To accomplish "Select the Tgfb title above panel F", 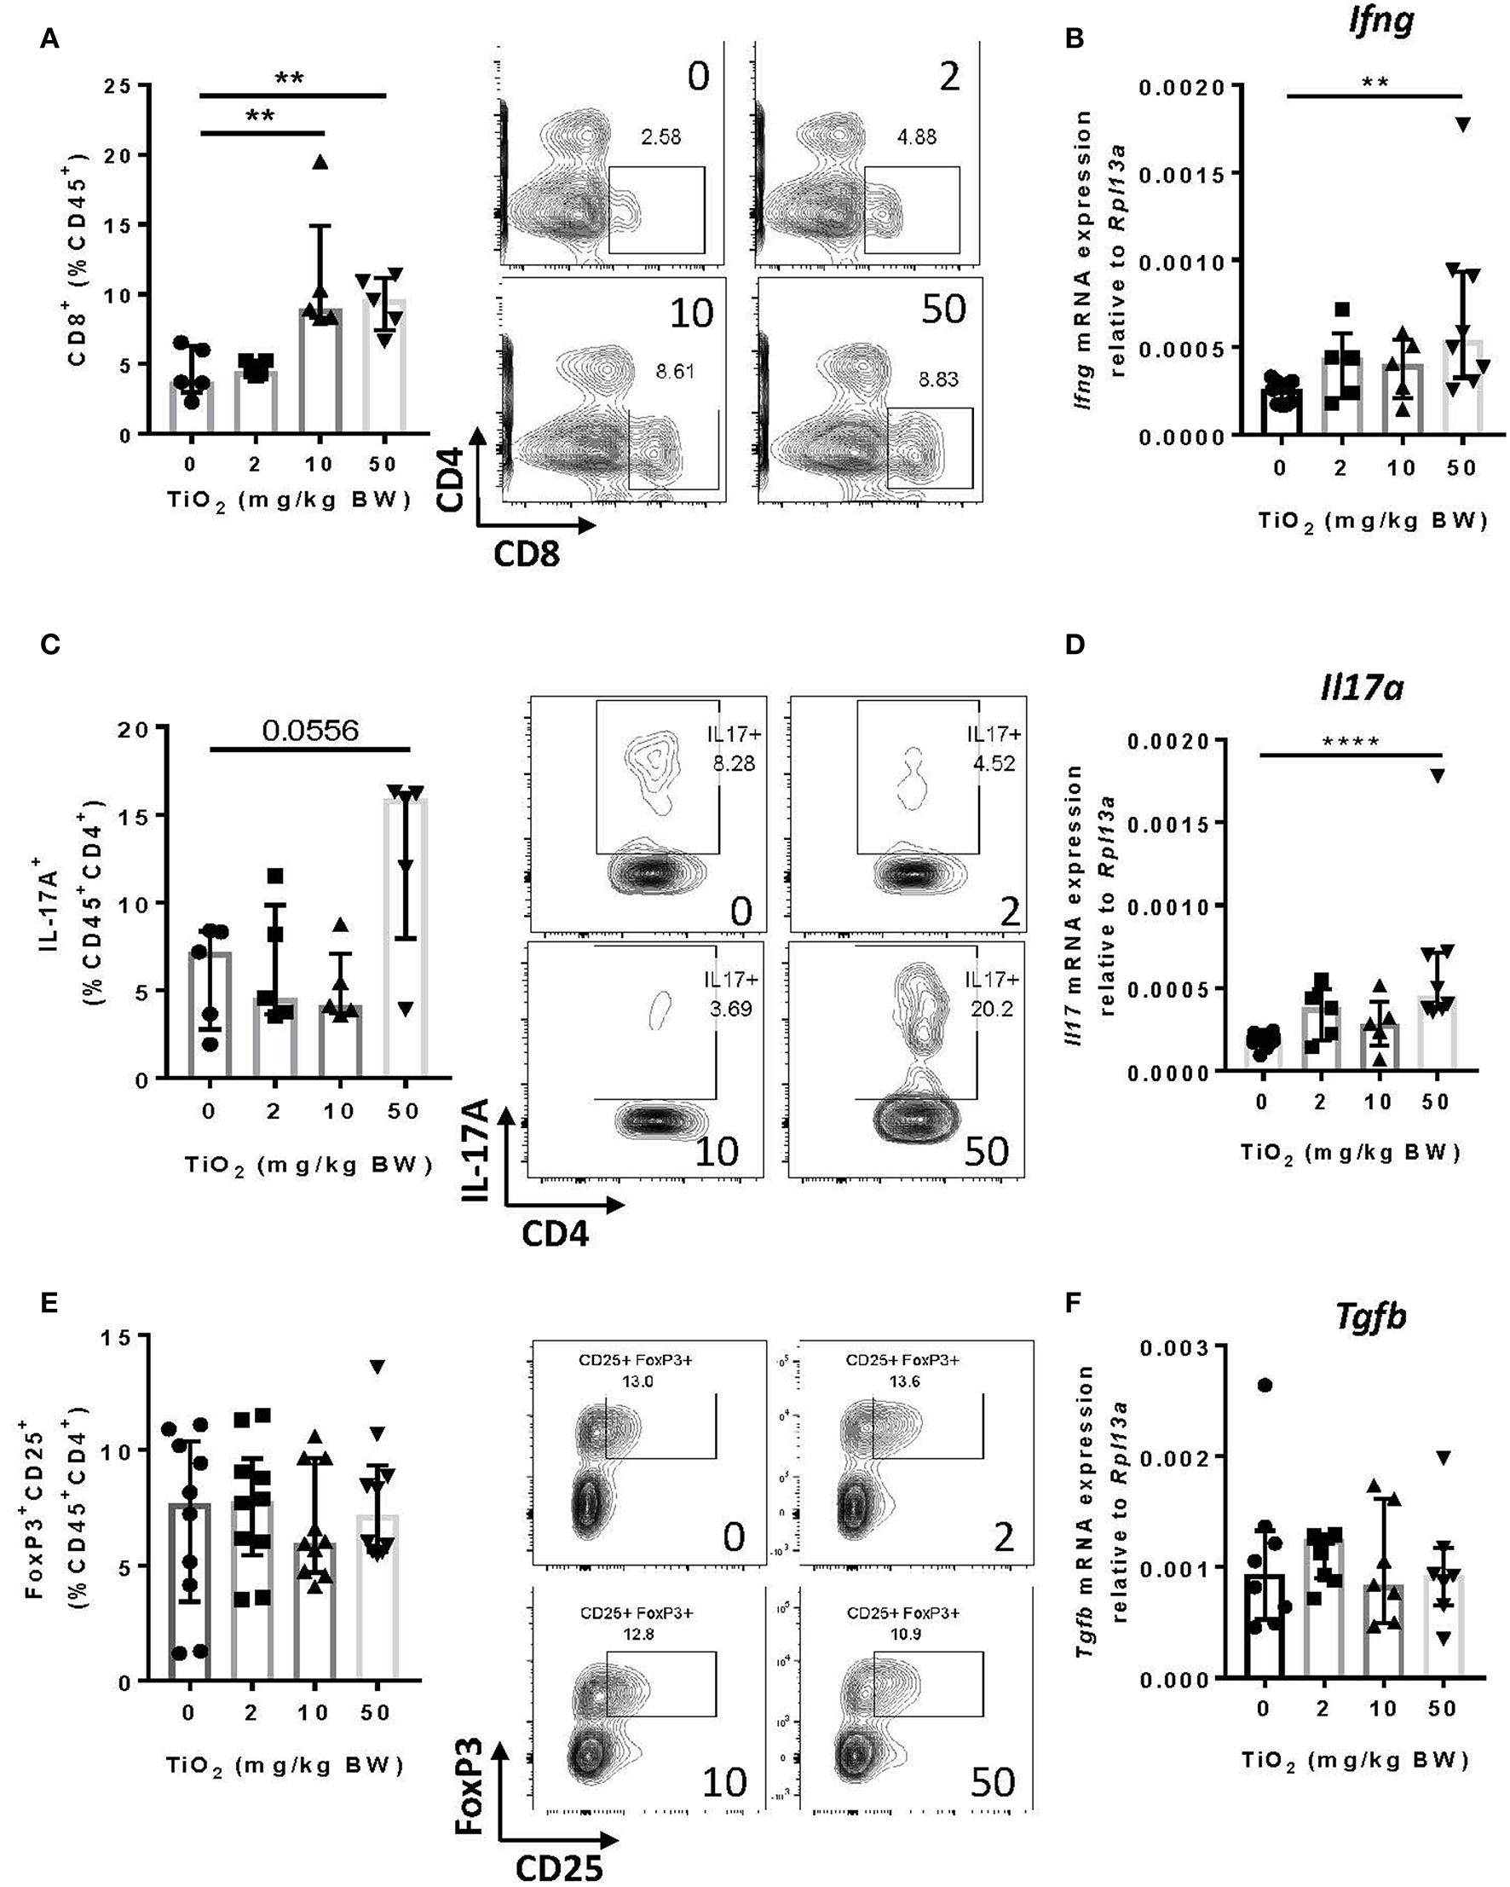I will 1371,1316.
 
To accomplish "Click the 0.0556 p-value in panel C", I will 310,731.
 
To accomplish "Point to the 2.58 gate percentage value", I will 660,137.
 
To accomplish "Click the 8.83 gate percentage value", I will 938,379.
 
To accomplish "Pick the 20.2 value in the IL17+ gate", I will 993,1009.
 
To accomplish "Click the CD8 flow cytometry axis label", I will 526,554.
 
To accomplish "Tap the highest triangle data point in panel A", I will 321,161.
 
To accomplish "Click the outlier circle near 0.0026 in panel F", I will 1265,1385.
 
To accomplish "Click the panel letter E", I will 50,1303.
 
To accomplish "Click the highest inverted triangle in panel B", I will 1462,124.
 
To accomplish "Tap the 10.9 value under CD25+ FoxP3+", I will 904,1634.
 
